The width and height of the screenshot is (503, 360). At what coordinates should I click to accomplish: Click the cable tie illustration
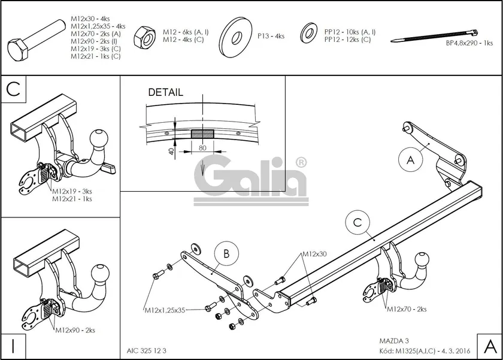(x=434, y=36)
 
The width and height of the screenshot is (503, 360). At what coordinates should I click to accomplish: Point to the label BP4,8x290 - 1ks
(x=469, y=44)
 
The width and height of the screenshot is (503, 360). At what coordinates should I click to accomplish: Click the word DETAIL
(x=165, y=93)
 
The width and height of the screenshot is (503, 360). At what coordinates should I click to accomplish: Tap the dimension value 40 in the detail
(x=172, y=152)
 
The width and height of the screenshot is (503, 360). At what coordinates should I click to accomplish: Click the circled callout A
(x=410, y=160)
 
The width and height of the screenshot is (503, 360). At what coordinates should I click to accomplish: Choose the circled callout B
(x=226, y=254)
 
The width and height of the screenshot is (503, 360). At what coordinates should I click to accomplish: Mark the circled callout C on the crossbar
(x=357, y=222)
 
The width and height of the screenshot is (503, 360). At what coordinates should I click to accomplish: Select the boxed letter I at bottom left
(x=13, y=346)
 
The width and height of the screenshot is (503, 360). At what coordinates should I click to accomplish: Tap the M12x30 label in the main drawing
(x=314, y=254)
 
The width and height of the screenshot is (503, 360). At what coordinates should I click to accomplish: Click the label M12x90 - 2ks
(x=75, y=330)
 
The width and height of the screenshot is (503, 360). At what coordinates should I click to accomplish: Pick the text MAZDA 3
(x=393, y=340)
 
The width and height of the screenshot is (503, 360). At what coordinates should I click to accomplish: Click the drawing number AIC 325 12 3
(x=147, y=350)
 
